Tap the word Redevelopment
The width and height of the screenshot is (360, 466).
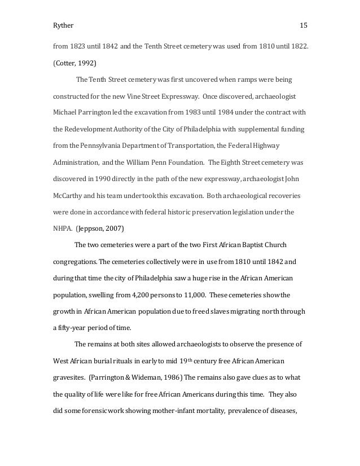click(93, 129)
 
